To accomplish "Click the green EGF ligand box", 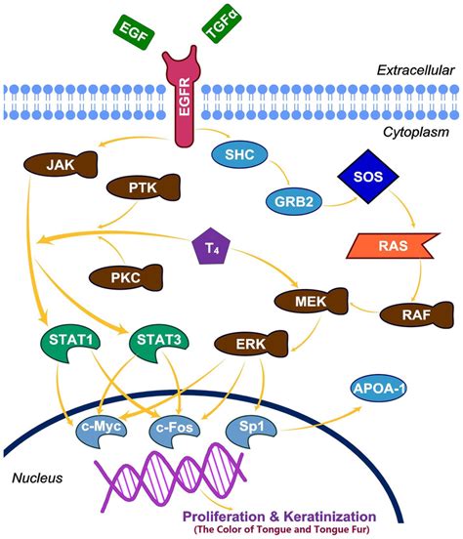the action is point(134,32).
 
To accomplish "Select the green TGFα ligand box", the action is point(222,23).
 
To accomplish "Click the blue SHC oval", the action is point(239,154).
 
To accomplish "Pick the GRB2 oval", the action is point(294,201).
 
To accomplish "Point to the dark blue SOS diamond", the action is point(368,177).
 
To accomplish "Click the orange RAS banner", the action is point(393,245).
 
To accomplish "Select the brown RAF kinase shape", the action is point(417,314).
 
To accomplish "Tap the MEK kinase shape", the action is point(311,301).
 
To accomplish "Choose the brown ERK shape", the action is point(251,344).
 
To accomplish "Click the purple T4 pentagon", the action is point(211,246).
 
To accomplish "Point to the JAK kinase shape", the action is point(61,164).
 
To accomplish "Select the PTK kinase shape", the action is point(143,187).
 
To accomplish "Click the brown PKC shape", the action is point(126,277).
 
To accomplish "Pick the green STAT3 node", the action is point(158,343).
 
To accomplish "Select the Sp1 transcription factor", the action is point(251,430).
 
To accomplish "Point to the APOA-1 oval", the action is point(378,389).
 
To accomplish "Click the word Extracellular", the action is point(415,70).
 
